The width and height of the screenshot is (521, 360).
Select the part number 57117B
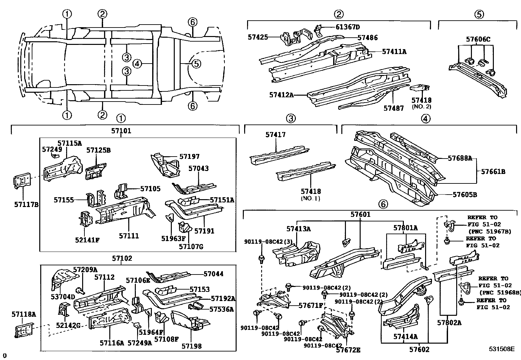(26, 205)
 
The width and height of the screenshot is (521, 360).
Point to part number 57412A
(281, 95)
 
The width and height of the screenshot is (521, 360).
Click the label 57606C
(478, 39)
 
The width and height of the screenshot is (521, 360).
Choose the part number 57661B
(493, 171)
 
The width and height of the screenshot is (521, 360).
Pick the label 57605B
(464, 195)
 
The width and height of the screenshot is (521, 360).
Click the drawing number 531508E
(502, 349)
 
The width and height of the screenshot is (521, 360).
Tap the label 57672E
(348, 350)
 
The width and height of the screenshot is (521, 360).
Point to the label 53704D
(63, 297)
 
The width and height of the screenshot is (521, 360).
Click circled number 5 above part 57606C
(478, 14)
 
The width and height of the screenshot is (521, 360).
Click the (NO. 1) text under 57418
(310, 198)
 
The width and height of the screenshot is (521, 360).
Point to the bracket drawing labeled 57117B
(21, 181)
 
